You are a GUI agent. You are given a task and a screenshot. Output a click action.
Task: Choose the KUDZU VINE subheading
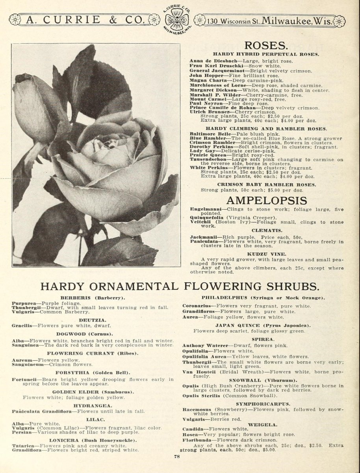click(x=266, y=254)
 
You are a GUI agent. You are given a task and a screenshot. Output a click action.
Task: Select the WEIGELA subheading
click(x=263, y=425)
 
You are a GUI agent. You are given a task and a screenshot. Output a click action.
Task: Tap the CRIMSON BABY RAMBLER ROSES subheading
click(x=266, y=184)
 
